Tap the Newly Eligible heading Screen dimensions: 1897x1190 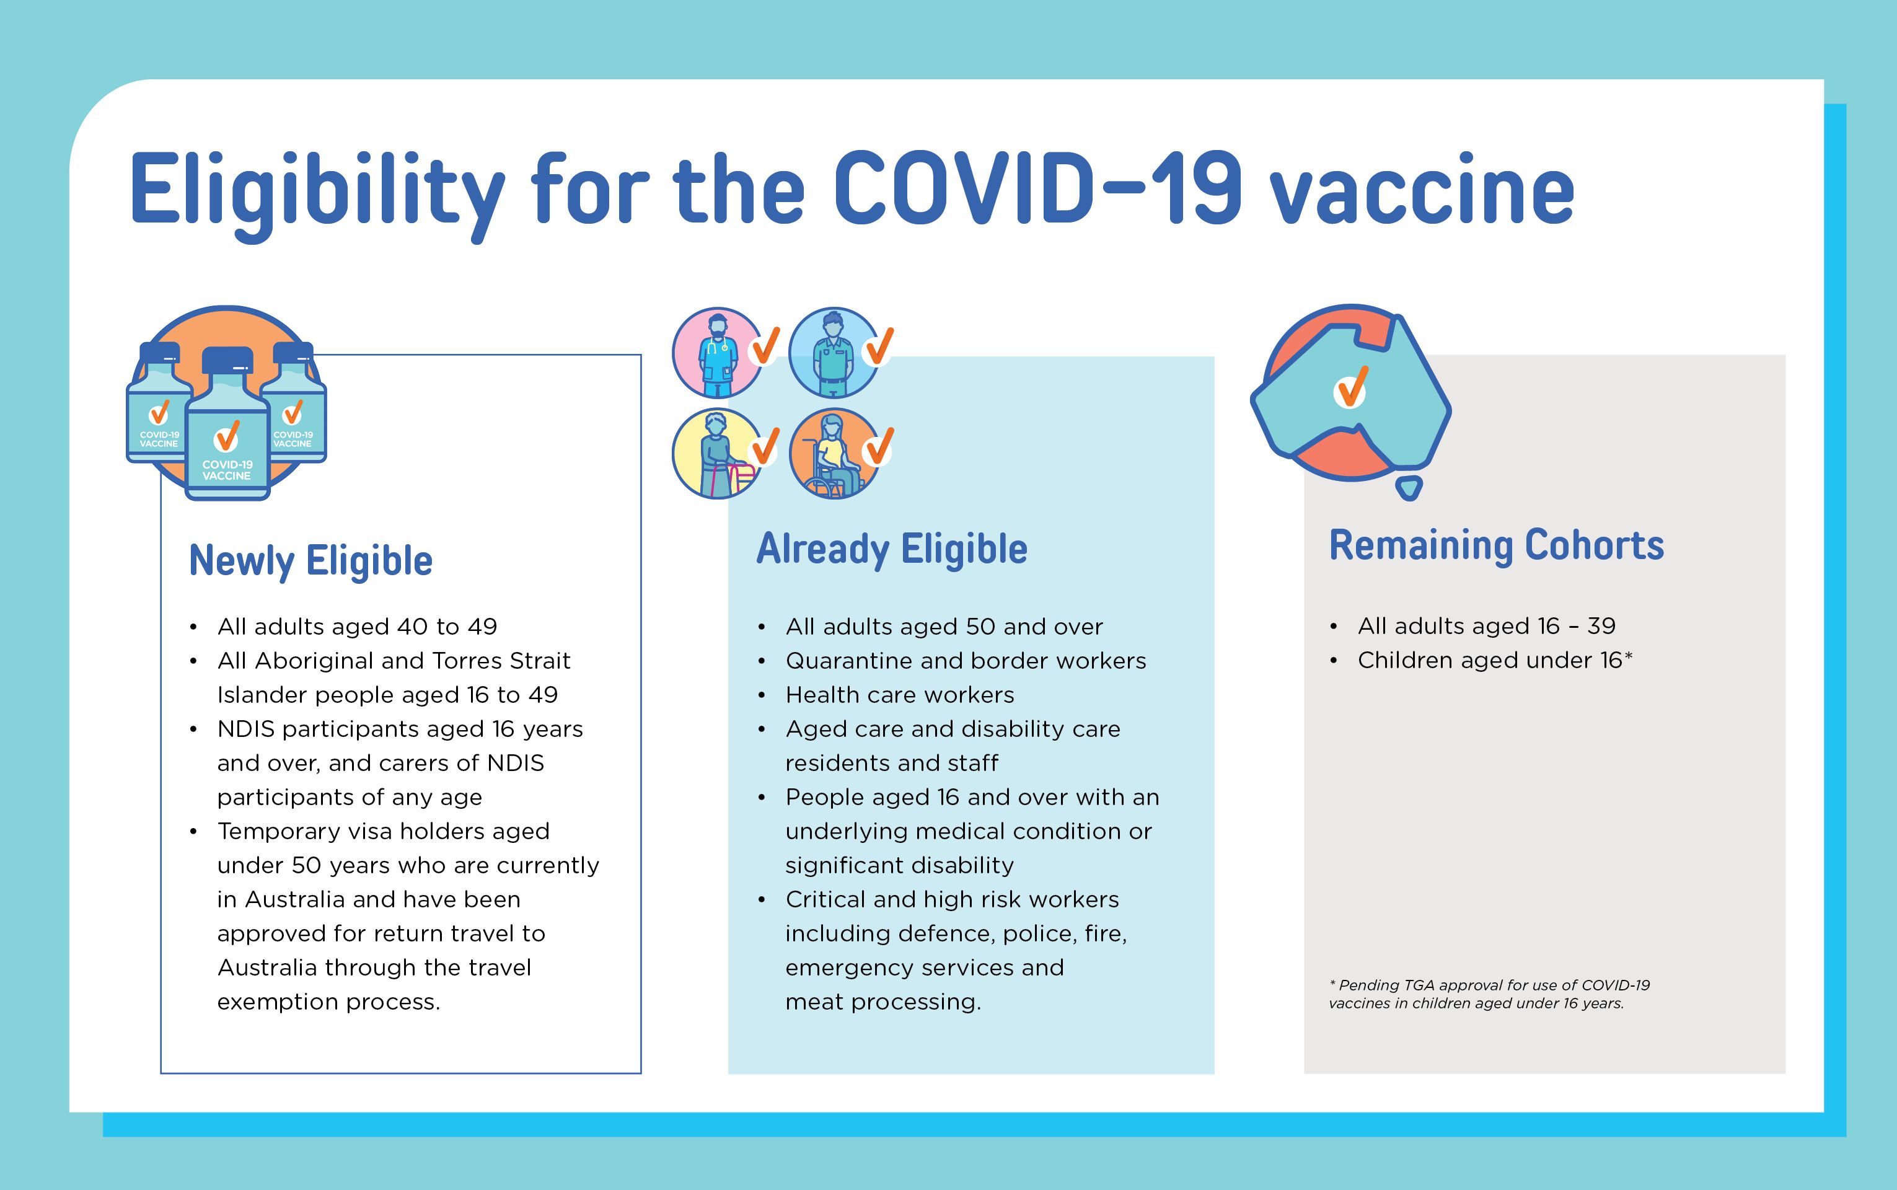pyautogui.click(x=310, y=561)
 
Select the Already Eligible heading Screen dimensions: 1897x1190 pyautogui.click(x=891, y=549)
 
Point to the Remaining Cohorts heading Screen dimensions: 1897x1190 pyautogui.click(x=1497, y=545)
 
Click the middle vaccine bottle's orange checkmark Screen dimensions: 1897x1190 pyautogui.click(x=227, y=436)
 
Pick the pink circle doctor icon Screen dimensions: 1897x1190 pyautogui.click(x=718, y=352)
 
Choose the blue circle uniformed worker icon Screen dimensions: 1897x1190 pyautogui.click(x=834, y=352)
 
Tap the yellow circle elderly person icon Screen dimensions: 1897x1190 pyautogui.click(x=718, y=453)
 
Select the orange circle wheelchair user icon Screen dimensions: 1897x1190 pyautogui.click(x=834, y=453)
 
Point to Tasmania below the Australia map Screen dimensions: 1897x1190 pyautogui.click(x=1409, y=488)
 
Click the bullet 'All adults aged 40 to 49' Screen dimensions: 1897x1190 pyautogui.click(x=357, y=627)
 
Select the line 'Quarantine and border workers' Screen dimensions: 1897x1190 pyautogui.click(x=966, y=660)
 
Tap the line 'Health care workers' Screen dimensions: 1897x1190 pyautogui.click(x=899, y=695)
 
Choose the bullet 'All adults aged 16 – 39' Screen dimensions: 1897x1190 pyautogui.click(x=1486, y=626)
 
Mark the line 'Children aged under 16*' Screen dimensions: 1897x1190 pyautogui.click(x=1495, y=659)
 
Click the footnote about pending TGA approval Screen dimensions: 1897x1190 pyautogui.click(x=1489, y=994)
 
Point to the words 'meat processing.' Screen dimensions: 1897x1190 pyautogui.click(x=882, y=1002)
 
